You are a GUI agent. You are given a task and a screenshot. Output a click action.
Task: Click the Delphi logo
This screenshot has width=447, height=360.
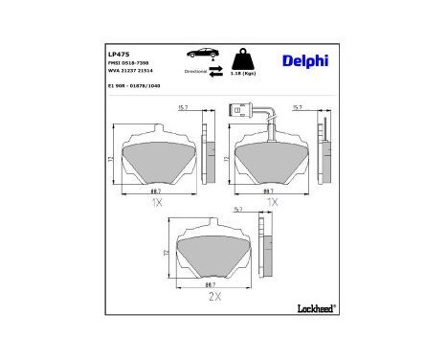304,61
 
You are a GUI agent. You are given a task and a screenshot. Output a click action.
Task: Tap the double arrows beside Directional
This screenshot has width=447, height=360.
216,71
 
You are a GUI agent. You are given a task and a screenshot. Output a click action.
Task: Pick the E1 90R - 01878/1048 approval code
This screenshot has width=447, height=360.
134,85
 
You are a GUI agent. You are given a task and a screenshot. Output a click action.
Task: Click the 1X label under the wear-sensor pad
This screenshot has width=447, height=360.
272,203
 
